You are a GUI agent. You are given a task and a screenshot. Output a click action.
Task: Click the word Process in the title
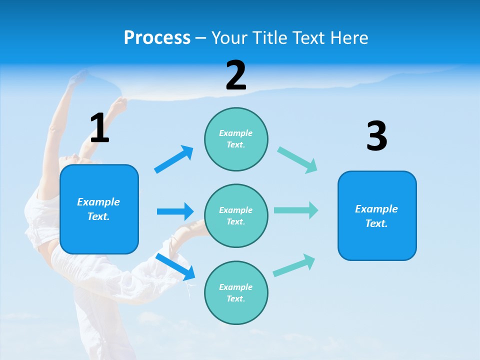pyautogui.click(x=157, y=37)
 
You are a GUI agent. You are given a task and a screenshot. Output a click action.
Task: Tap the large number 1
pyautogui.click(x=99, y=128)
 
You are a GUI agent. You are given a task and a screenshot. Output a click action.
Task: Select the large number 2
pyautogui.click(x=236, y=75)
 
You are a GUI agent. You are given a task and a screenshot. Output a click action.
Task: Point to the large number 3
pyautogui.click(x=377, y=136)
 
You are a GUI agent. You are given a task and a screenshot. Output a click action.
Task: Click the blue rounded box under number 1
pyautogui.click(x=99, y=209)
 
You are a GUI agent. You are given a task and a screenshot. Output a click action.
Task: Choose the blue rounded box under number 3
pyautogui.click(x=377, y=216)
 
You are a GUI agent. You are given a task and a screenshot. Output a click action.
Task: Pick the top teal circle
pyautogui.click(x=236, y=139)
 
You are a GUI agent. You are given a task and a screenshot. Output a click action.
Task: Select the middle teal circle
pyautogui.click(x=236, y=216)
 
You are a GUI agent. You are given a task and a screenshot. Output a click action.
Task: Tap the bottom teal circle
pyautogui.click(x=236, y=293)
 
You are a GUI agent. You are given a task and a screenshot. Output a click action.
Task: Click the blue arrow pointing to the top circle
pyautogui.click(x=173, y=159)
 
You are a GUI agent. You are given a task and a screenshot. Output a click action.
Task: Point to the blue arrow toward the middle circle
pyautogui.click(x=175, y=211)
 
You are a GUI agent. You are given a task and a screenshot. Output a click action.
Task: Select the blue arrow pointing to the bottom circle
pyautogui.click(x=175, y=266)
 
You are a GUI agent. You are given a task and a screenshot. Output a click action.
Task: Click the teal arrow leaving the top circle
pyautogui.click(x=297, y=160)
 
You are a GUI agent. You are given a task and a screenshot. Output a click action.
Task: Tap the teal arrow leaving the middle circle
pyautogui.click(x=296, y=210)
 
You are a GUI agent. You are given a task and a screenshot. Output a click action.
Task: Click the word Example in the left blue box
pyautogui.click(x=98, y=202)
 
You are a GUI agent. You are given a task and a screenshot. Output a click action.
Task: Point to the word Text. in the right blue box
pyautogui.click(x=376, y=223)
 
